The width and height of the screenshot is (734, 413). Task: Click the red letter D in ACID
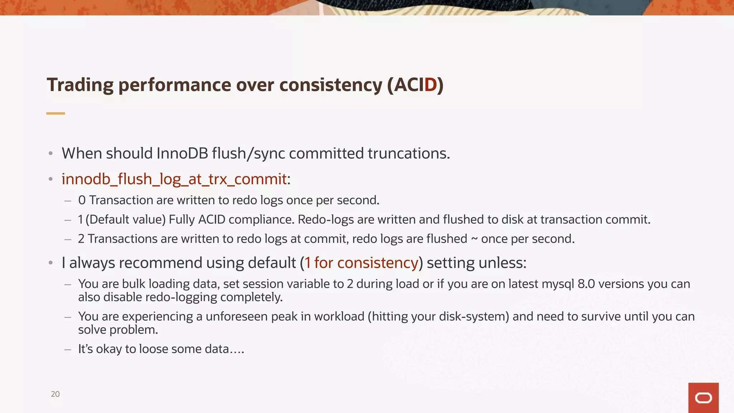[430, 85]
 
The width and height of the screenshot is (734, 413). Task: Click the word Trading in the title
[80, 85]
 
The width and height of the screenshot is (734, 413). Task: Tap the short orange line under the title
[56, 113]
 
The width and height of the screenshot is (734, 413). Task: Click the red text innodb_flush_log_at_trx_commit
[174, 179]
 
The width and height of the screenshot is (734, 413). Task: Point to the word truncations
[409, 153]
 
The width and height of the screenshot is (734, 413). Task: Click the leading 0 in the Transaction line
[82, 200]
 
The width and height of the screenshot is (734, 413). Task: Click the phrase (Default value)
[125, 219]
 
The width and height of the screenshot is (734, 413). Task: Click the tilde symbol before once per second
[474, 239]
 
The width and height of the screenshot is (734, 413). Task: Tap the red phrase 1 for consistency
[361, 263]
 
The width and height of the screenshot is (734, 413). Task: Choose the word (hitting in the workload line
[387, 317]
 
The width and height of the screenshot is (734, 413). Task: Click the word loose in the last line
[153, 349]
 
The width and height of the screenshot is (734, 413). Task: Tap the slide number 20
[55, 394]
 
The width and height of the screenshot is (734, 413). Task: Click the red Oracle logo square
[703, 398]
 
